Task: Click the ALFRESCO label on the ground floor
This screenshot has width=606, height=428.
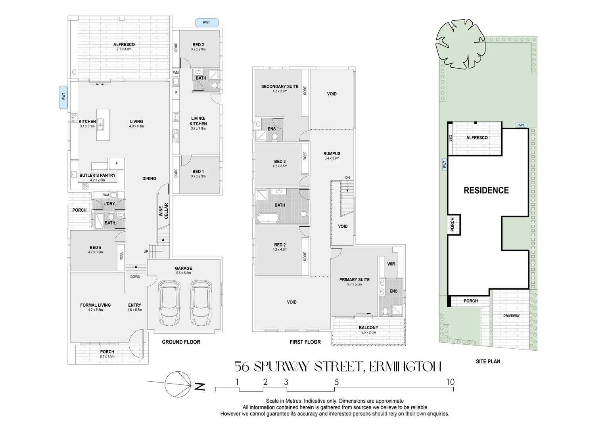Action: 124,44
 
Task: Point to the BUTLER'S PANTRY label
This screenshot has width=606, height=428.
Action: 97,175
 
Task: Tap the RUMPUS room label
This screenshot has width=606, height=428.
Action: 332,153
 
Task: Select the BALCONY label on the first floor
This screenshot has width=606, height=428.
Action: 368,328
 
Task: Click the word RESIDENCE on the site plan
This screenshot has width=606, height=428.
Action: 486,191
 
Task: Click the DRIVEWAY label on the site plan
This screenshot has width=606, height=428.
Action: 511,316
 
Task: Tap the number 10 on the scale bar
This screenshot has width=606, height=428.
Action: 450,382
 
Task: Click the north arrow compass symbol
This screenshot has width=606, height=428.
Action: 176,384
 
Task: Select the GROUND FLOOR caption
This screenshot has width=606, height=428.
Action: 181,342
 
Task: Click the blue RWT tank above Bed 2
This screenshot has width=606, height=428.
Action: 206,23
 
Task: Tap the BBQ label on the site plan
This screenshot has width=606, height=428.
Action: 450,138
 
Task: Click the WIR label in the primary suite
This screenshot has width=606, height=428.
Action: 391,264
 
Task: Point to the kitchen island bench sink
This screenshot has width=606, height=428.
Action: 100,125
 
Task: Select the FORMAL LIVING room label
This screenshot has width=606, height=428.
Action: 95,305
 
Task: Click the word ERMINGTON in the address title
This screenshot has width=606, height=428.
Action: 405,367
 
